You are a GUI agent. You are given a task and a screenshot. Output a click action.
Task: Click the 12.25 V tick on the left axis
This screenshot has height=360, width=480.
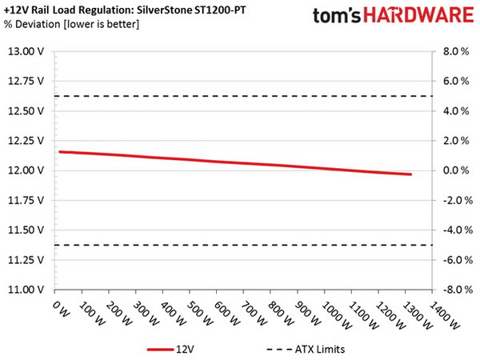pyautogui.click(x=27, y=141)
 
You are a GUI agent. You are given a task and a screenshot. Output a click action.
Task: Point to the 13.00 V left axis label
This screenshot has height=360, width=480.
pyautogui.click(x=27, y=51)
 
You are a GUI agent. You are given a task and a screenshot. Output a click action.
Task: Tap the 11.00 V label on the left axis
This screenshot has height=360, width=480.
pyautogui.click(x=27, y=290)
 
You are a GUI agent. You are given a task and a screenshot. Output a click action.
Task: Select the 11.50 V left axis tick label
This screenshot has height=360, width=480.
pyautogui.click(x=27, y=230)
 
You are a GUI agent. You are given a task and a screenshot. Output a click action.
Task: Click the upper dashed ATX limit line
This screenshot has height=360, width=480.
pyautogui.click(x=240, y=96)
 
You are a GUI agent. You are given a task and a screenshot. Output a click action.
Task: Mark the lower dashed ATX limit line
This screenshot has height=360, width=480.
pyautogui.click(x=240, y=245)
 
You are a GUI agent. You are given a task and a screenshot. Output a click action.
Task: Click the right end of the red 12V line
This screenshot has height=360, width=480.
pyautogui.click(x=410, y=174)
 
